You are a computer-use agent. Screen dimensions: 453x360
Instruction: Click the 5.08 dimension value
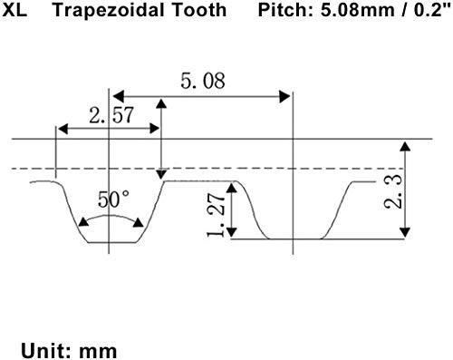tap(203, 81)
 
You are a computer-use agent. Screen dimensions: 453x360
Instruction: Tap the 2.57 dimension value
tap(111, 115)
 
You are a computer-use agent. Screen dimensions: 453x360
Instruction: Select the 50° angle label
tap(114, 199)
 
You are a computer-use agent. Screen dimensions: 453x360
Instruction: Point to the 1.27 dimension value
tap(217, 215)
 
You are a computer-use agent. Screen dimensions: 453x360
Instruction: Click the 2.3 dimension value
tap(393, 191)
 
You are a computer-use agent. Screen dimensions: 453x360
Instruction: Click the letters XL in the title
tap(14, 10)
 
